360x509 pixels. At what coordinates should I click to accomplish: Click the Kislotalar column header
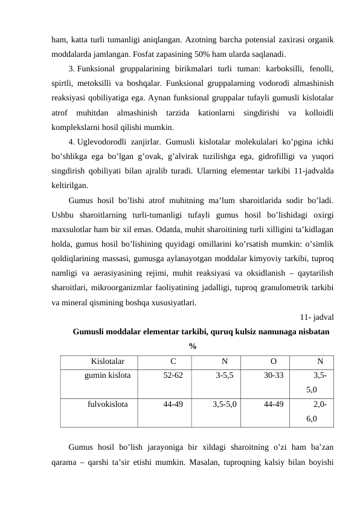coord(108,361)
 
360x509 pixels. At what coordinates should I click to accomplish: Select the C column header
coord(173,361)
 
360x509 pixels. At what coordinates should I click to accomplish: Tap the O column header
coord(274,361)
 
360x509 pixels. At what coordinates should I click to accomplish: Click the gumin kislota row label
coord(108,375)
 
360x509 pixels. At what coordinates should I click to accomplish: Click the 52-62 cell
coord(173,375)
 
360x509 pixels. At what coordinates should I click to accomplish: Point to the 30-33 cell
coord(274,375)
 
